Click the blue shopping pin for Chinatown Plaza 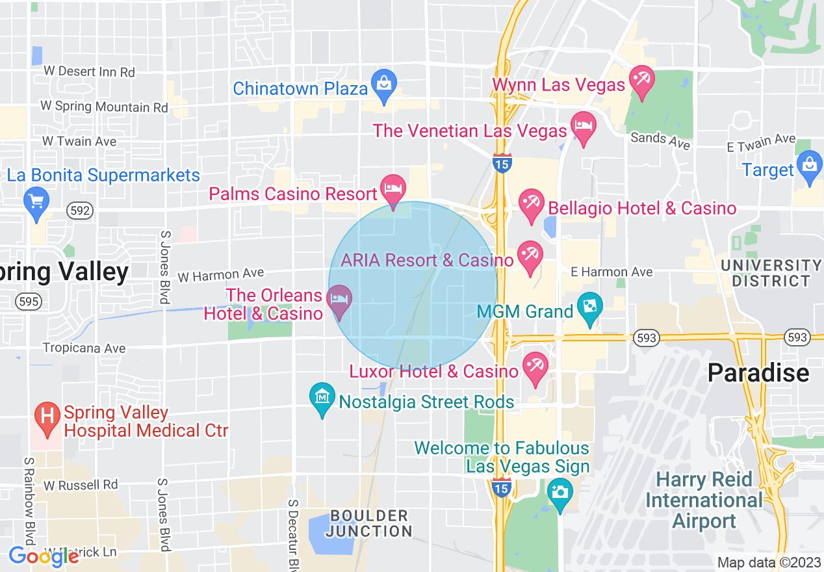point(384,84)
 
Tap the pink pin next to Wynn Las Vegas point(642,81)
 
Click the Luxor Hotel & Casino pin point(535,367)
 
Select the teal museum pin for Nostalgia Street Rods point(322,397)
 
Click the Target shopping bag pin point(810,166)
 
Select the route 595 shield point(29,302)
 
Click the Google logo point(44,556)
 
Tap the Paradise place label point(758,373)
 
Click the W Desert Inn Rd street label point(89,71)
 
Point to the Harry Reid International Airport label point(704,500)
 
